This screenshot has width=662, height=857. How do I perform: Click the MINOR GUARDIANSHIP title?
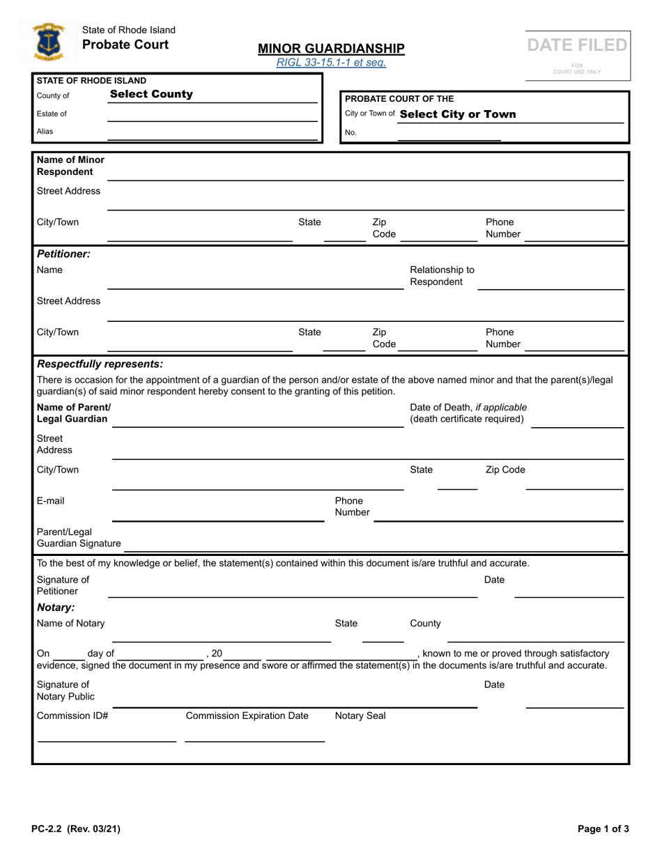click(331, 48)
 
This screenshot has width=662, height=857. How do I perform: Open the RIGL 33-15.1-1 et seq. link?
click(331, 63)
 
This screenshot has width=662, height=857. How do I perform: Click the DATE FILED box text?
click(577, 45)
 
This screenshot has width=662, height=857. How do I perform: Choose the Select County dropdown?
click(151, 95)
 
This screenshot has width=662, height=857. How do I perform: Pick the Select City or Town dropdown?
click(459, 114)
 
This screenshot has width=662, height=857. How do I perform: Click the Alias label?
click(45, 131)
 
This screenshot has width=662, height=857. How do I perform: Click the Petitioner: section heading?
click(63, 254)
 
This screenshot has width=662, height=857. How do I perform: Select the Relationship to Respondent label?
click(442, 276)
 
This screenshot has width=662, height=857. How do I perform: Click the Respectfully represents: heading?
click(100, 364)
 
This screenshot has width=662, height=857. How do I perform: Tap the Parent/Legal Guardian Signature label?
click(78, 537)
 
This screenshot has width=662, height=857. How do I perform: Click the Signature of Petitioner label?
click(63, 585)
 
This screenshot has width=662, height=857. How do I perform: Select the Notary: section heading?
click(55, 608)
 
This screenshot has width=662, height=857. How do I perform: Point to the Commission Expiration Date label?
click(247, 716)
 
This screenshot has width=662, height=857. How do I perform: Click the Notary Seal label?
click(360, 716)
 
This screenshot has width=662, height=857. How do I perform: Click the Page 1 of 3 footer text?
click(603, 829)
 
